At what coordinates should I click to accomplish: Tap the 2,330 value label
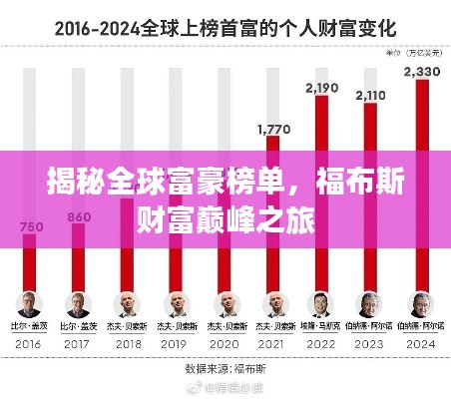(416, 71)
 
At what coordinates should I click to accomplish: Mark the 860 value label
(78, 216)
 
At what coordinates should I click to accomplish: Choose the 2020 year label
(224, 341)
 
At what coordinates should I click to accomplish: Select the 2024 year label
(417, 341)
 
